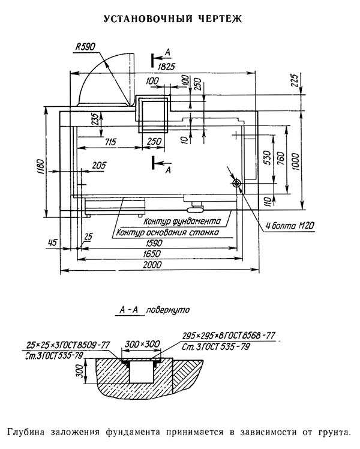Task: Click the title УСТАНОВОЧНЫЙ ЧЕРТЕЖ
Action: [173, 19]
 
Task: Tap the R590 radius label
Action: [85, 47]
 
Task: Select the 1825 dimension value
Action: [166, 67]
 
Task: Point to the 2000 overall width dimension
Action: [152, 265]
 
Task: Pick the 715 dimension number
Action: [110, 142]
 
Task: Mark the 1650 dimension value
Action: [152, 254]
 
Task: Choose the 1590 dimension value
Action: [154, 243]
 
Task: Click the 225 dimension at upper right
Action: [294, 80]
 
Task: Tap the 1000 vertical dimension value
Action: [295, 162]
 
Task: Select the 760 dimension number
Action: [281, 158]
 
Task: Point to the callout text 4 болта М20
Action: [290, 226]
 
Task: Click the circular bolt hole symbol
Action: [236, 183]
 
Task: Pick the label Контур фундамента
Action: [182, 221]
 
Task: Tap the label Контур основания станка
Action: [167, 232]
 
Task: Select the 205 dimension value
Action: [99, 165]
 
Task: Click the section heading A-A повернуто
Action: [155, 310]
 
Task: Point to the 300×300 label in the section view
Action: [142, 343]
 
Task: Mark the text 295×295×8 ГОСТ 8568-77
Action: [229, 336]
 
